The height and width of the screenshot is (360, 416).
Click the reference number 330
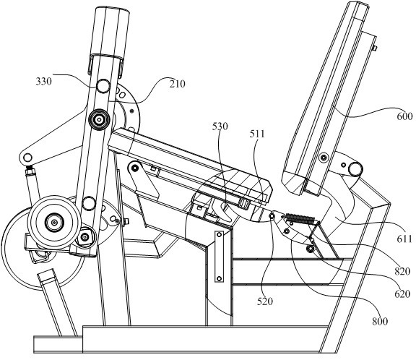(x=43, y=81)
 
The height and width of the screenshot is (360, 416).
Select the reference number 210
(x=177, y=84)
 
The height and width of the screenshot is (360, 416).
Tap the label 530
(x=220, y=127)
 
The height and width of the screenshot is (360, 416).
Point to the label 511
(x=257, y=134)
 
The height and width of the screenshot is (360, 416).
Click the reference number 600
(x=405, y=116)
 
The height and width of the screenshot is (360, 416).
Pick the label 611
(x=404, y=239)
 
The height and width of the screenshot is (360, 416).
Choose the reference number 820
(x=402, y=271)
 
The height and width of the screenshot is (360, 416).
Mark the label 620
(x=402, y=294)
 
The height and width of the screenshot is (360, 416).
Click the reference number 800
(x=380, y=321)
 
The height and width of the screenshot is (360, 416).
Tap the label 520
(x=265, y=301)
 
